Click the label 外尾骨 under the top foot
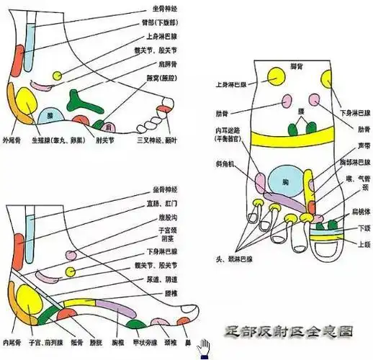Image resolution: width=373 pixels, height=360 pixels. tap(16, 140)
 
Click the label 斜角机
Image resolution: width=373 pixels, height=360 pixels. tap(224, 163)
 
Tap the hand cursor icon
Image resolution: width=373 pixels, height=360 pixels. tap(204, 348)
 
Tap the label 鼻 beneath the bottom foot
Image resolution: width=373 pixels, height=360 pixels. tap(189, 335)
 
